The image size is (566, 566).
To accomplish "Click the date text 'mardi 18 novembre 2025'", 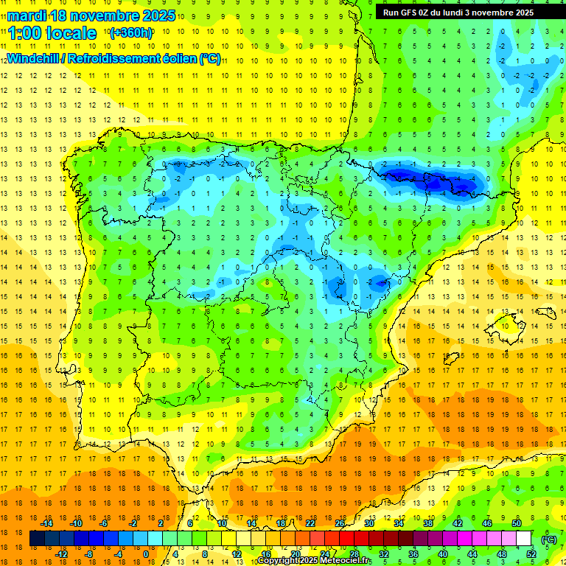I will pyautogui.click(x=92, y=15).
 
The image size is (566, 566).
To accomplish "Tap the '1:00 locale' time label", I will pyautogui.click(x=53, y=33).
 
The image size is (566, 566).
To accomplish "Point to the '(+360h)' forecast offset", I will pyautogui.click(x=131, y=33).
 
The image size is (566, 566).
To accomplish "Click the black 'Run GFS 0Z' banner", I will pyautogui.click(x=464, y=13).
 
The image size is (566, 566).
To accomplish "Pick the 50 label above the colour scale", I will pyautogui.click(x=517, y=523).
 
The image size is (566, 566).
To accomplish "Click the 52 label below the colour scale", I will pyautogui.click(x=531, y=553).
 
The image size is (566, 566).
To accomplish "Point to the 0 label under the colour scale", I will pyautogui.click(x=145, y=553).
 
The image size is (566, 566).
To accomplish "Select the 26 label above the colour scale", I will pyautogui.click(x=340, y=523).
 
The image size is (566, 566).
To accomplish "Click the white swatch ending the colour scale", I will pyautogui.click(x=524, y=539).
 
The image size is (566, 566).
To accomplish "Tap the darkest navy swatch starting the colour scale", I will pyautogui.click(x=37, y=539).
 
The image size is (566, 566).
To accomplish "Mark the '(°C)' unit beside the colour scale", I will pyautogui.click(x=548, y=539).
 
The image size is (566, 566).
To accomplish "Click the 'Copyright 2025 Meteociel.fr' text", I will pyautogui.click(x=314, y=561).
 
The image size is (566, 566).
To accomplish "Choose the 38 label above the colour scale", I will pyautogui.click(x=428, y=523).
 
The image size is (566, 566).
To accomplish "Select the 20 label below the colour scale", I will pyautogui.click(x=296, y=553).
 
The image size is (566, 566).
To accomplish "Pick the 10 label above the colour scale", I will pyautogui.click(x=222, y=523).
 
